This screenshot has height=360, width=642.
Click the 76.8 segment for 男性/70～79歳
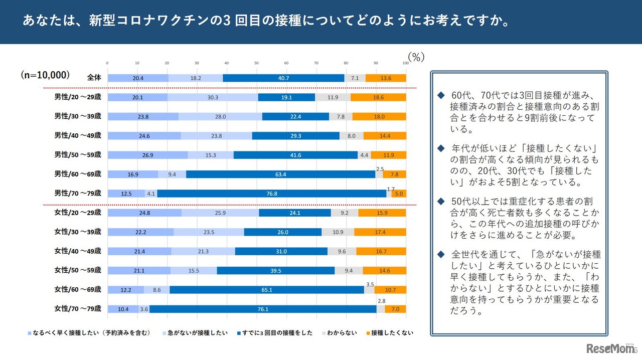coord(271,194)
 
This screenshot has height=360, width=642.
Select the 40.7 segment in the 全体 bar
coord(283,78)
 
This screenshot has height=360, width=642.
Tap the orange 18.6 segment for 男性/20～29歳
coord(378,97)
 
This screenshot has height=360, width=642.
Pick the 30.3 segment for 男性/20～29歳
coord(213,97)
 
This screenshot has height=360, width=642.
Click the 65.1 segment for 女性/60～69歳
coord(266,290)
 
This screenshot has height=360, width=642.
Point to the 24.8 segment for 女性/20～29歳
coord(144,213)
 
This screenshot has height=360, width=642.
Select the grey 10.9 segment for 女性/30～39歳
coord(338,232)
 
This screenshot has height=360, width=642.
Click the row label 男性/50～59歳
coord(78,154)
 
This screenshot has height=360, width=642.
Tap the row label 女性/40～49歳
coord(78,251)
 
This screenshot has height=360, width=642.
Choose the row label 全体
coord(93,78)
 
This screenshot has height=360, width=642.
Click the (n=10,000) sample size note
coord(45,75)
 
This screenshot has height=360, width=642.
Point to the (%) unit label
coord(416,57)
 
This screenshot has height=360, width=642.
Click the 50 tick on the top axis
coord(256,63)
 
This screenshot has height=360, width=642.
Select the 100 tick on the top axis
coord(405,63)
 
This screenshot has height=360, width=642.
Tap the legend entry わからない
coord(343,333)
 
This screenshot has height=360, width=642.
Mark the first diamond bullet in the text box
coord(441,95)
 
